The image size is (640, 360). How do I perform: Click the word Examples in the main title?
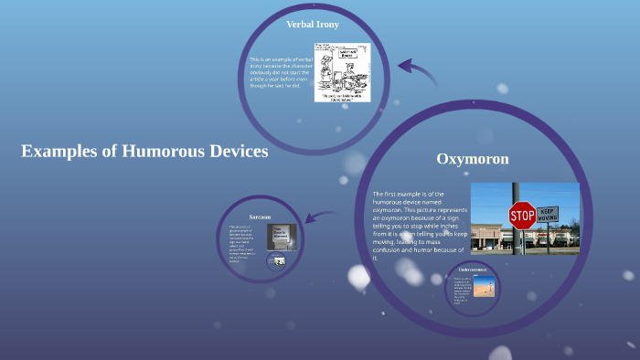point(59,152)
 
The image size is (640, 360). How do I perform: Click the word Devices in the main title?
point(234,152)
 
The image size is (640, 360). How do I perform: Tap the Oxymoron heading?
point(472,159)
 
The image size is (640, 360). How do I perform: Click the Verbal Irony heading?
point(313,24)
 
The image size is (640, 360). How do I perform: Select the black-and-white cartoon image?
point(342,71)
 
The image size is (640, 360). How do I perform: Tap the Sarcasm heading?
point(260,217)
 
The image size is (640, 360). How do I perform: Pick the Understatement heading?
point(478,270)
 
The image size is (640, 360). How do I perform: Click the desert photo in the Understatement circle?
point(485,286)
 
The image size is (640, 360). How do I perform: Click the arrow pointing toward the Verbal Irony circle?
point(417,73)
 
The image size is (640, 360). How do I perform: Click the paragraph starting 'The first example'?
point(420,225)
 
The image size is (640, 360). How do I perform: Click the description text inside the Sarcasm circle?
point(243,243)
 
